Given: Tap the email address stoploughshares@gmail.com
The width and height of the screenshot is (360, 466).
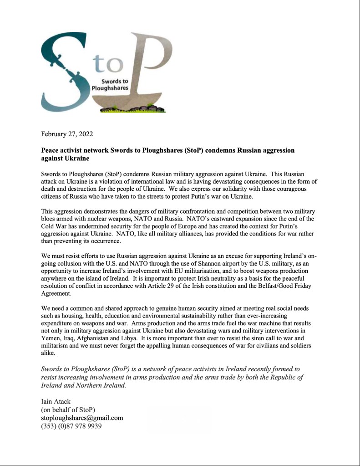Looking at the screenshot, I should click(82, 418).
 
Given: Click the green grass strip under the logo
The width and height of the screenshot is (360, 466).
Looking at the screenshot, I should click(137, 109).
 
